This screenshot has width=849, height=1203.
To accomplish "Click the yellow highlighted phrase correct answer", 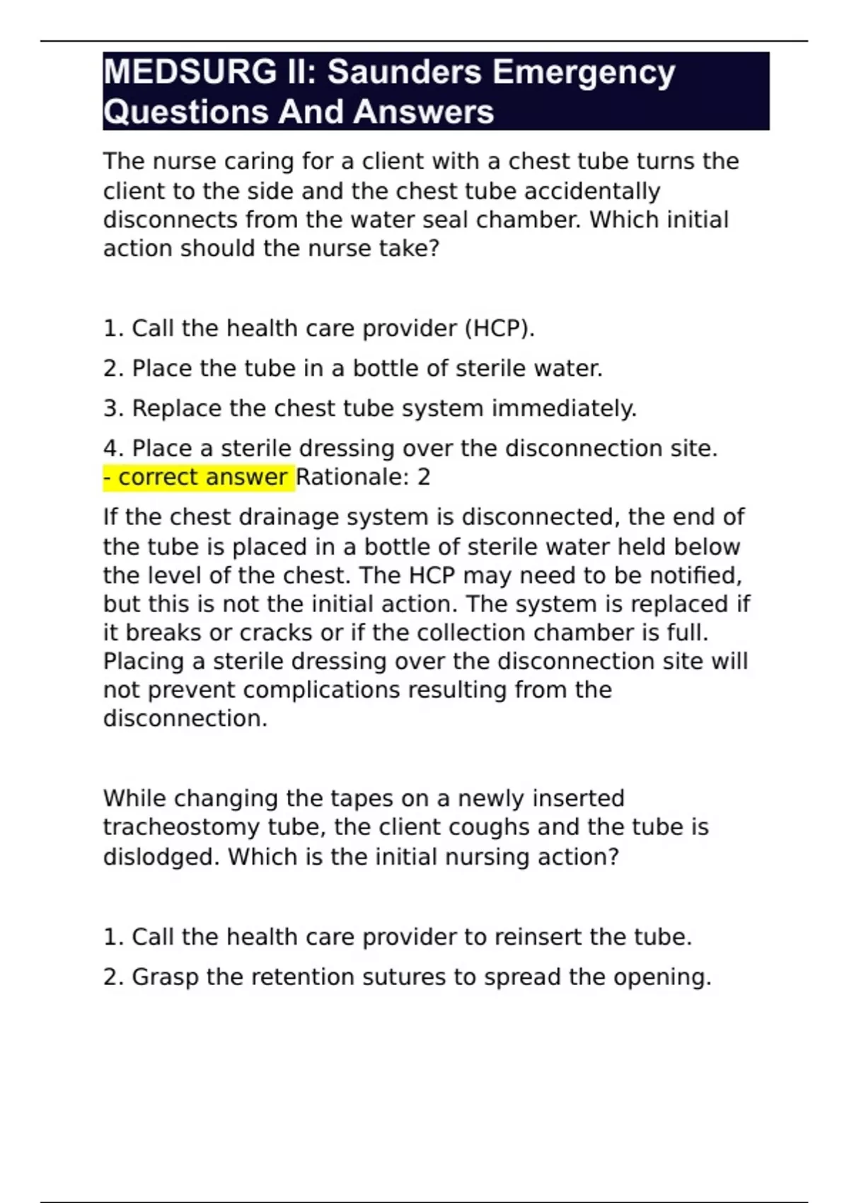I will click(x=202, y=478).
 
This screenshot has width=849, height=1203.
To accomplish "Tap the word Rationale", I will click(x=353, y=478).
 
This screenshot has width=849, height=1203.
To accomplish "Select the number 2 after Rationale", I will click(x=424, y=478).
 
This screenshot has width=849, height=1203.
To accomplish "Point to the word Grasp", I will click(x=165, y=977).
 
